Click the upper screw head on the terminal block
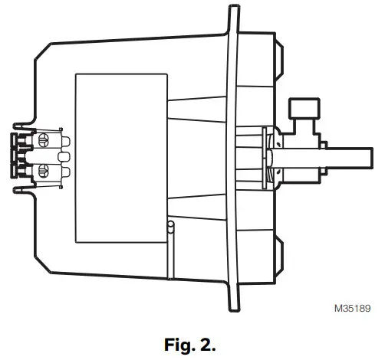coord(44,139)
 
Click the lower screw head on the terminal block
coord(44,168)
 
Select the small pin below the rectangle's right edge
coord(171,228)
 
